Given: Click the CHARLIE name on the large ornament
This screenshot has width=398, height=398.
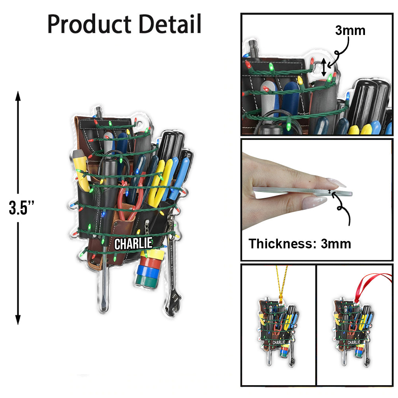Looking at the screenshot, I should click(133, 244).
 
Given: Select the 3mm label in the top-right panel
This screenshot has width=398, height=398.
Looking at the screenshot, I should click(350, 31).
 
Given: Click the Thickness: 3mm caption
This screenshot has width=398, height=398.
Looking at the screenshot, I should click(300, 244).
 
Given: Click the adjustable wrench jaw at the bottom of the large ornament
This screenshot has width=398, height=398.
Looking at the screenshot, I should click(171, 307).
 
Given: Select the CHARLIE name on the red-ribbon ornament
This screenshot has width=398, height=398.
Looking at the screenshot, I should click(353, 342).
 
